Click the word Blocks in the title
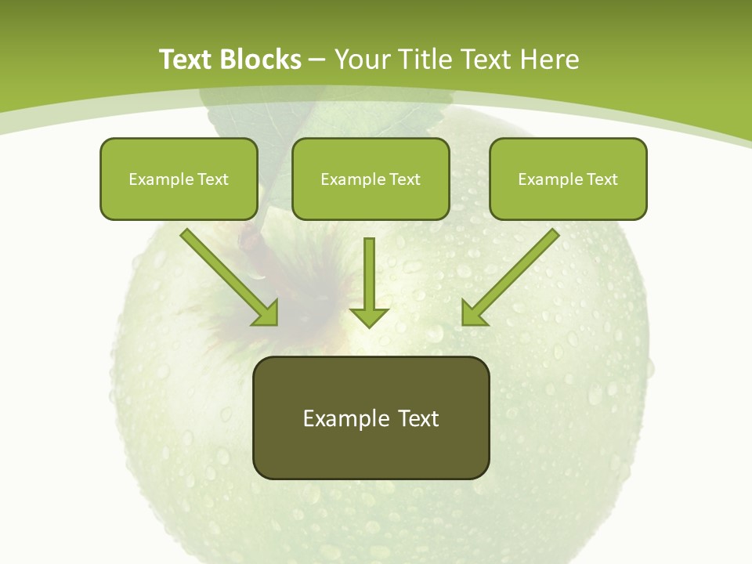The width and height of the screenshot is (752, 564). click(x=262, y=60)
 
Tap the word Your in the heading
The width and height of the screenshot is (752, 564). click(x=364, y=60)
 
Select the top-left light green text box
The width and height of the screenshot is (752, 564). click(x=179, y=179)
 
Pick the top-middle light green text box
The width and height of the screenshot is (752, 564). click(x=371, y=179)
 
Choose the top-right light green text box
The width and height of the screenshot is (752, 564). click(x=568, y=179)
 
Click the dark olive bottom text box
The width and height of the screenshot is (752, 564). click(x=371, y=418)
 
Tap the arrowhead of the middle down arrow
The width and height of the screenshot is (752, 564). click(x=369, y=316)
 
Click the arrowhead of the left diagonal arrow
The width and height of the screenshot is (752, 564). click(x=266, y=313)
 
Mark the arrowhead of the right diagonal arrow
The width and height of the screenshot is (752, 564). click(x=473, y=313)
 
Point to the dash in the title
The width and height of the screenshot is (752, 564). click(x=317, y=60)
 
